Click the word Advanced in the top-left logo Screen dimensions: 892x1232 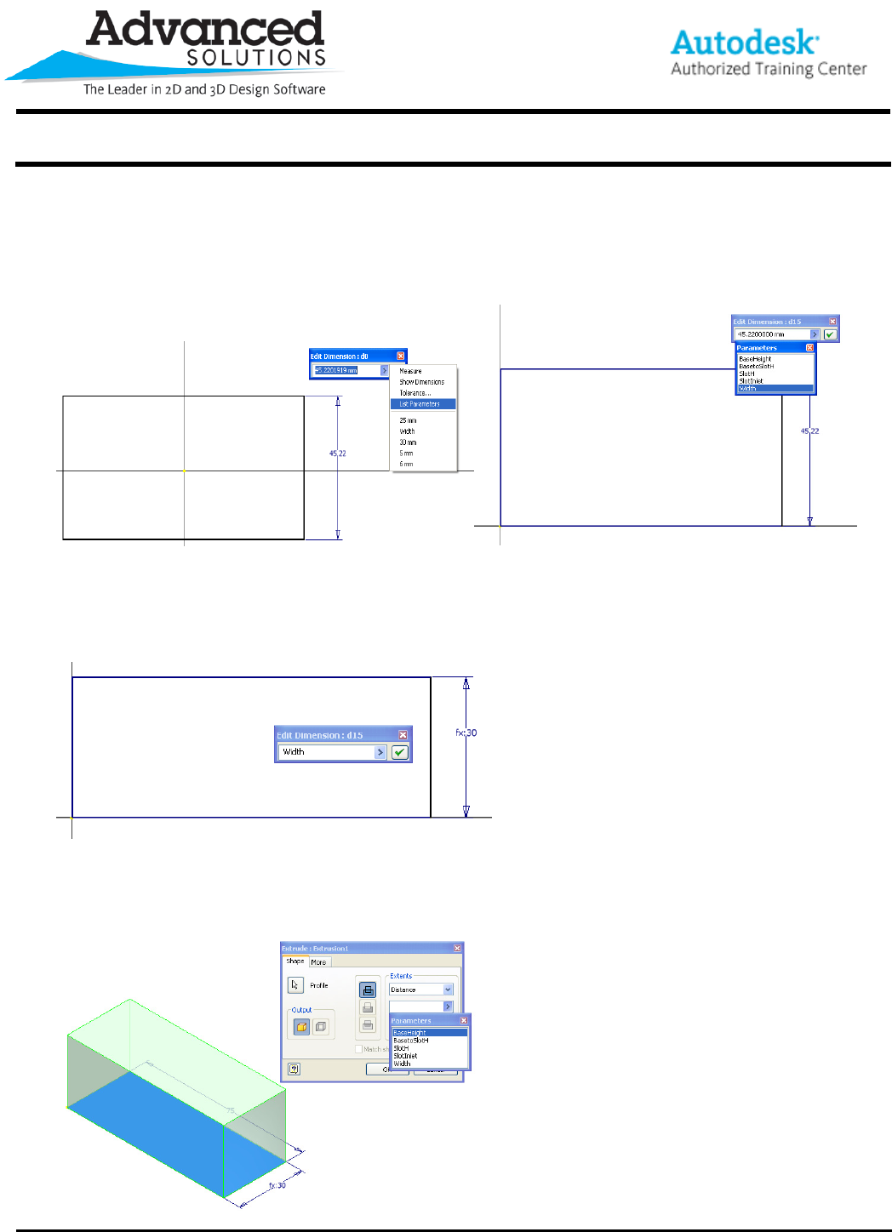(x=205, y=30)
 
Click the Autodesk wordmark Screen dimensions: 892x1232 (x=744, y=43)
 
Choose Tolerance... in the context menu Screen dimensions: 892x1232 (x=415, y=393)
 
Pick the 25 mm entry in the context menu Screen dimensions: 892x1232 (x=408, y=420)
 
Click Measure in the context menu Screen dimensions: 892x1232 (x=410, y=371)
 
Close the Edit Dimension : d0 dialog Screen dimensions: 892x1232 (x=401, y=356)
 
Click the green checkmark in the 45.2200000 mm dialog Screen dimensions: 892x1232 (x=830, y=334)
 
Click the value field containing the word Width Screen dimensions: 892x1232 (x=327, y=752)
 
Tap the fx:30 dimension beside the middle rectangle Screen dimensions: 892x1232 (x=466, y=733)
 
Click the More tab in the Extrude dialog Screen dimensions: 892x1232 (x=318, y=962)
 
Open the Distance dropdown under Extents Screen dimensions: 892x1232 (x=448, y=990)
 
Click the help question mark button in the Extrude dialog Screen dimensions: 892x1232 (x=294, y=1069)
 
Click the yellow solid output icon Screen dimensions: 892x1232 (x=301, y=1027)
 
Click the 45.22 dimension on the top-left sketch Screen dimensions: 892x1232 (x=338, y=453)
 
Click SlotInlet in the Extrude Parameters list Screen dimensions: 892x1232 (x=405, y=1056)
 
